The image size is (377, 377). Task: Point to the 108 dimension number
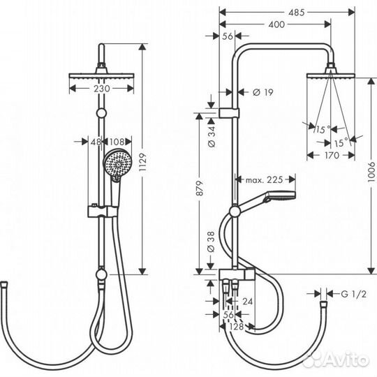point(117,142)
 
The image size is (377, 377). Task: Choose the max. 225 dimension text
point(263,179)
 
